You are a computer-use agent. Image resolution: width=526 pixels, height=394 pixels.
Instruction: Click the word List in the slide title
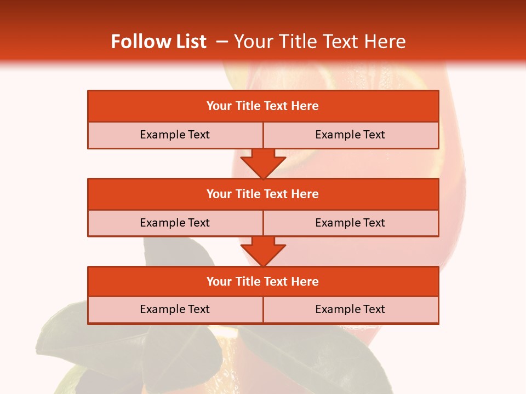(189, 42)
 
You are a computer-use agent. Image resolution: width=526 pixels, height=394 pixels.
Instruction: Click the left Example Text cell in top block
(175, 135)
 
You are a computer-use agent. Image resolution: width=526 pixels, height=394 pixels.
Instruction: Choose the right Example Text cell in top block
(350, 135)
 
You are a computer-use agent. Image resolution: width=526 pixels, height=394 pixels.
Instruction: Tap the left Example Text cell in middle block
(175, 223)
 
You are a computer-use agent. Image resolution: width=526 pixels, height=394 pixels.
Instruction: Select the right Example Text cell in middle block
(350, 223)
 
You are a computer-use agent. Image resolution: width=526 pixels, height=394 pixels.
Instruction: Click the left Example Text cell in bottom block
(175, 309)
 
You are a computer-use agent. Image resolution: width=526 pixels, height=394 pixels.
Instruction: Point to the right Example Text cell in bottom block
(350, 309)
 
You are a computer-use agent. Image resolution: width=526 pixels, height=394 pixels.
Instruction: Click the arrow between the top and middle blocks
(263, 163)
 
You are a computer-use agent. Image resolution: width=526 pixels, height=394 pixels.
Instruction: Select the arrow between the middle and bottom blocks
(263, 251)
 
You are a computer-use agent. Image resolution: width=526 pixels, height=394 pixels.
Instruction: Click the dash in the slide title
(222, 42)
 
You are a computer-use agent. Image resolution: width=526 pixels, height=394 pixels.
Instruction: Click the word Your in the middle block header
(219, 194)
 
